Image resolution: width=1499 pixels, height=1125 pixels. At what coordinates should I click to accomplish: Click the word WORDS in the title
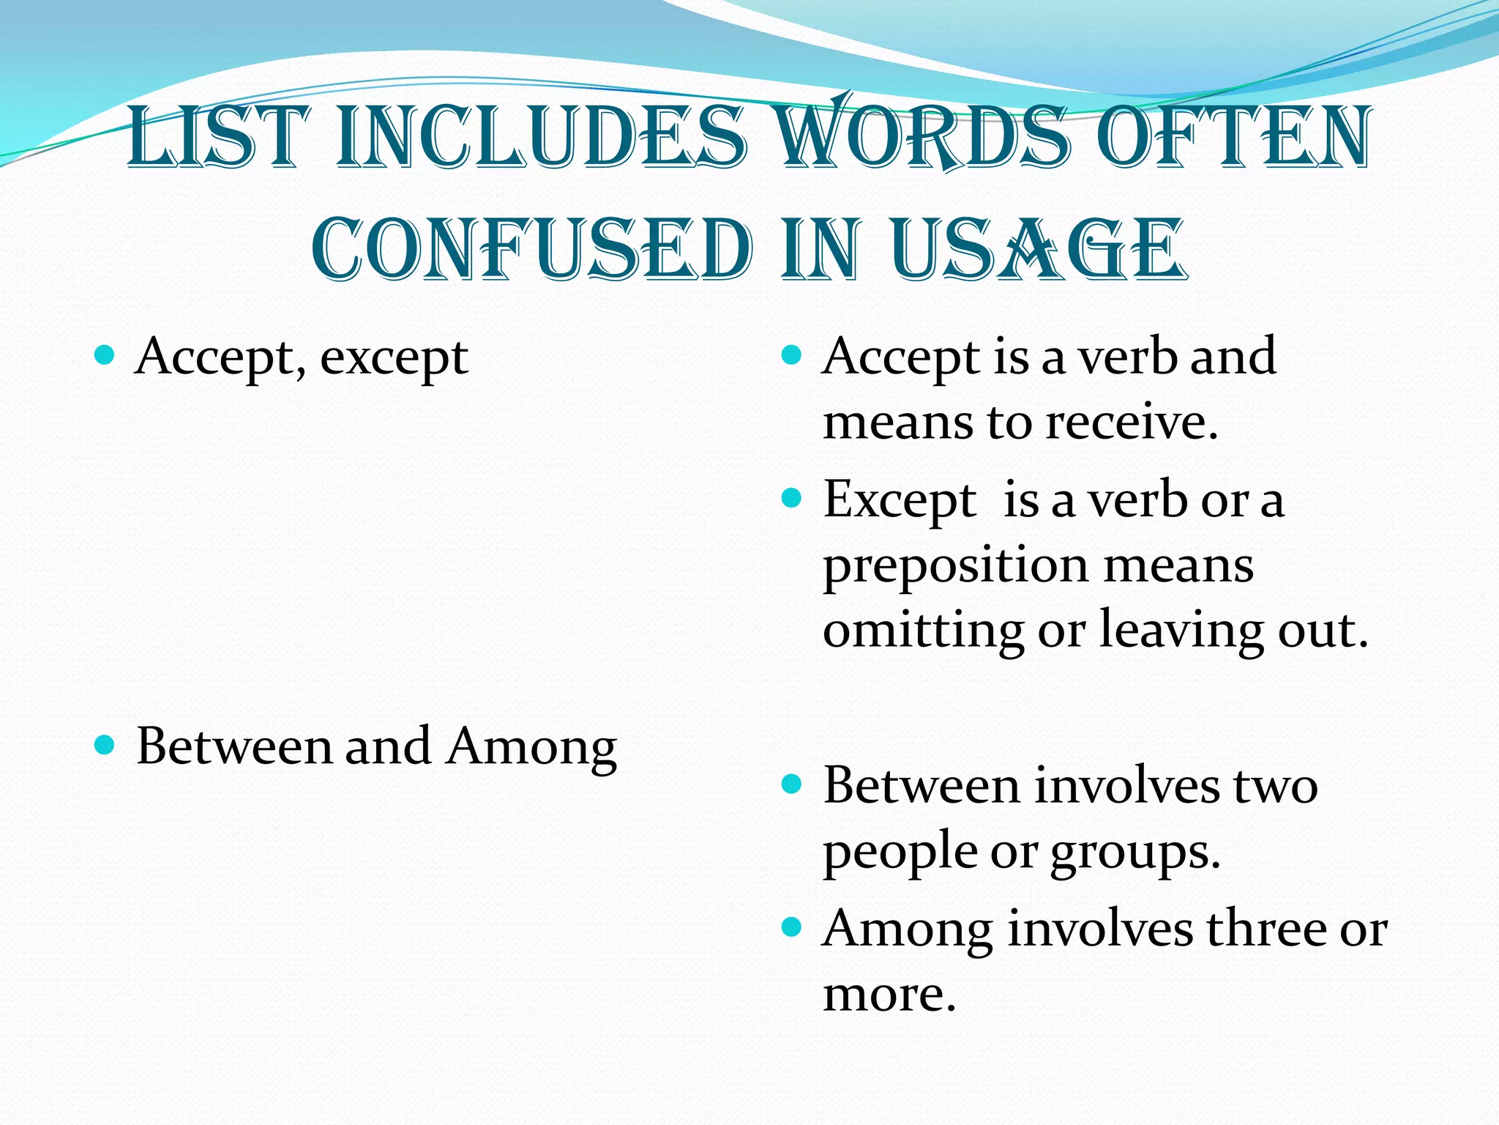[x=921, y=138]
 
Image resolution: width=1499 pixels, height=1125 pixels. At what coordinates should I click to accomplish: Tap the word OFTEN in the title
[x=1235, y=138]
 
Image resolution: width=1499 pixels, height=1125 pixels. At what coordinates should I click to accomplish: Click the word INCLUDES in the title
[x=542, y=138]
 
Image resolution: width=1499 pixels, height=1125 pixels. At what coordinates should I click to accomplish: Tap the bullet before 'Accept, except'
[x=105, y=357]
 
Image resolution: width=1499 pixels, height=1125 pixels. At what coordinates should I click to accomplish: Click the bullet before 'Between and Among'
[x=105, y=746]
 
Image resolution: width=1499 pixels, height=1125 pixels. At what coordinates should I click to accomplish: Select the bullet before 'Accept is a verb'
[x=792, y=357]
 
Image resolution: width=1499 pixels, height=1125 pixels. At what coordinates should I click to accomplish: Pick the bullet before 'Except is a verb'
[x=792, y=500]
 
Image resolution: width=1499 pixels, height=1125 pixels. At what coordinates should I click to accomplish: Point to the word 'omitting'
[x=922, y=630]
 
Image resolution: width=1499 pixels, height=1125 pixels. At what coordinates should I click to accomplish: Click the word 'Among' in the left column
[x=532, y=748]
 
